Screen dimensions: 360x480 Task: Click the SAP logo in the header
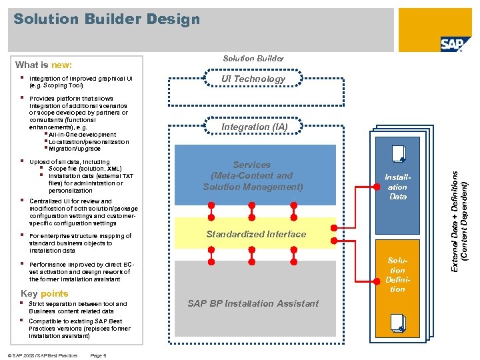(455, 44)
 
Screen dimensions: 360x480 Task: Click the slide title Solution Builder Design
(107, 19)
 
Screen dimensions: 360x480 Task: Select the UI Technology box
(253, 79)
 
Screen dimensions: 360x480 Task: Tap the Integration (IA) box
(253, 127)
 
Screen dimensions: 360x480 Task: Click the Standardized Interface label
(256, 234)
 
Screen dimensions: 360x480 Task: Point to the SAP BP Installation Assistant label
(253, 303)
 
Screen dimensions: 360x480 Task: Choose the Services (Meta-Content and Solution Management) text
(253, 175)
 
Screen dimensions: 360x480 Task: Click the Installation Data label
(398, 187)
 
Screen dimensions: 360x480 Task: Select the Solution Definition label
(397, 275)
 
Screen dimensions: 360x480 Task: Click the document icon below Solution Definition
(399, 323)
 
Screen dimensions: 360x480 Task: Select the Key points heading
(45, 293)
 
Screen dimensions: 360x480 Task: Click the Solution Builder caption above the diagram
(253, 59)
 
